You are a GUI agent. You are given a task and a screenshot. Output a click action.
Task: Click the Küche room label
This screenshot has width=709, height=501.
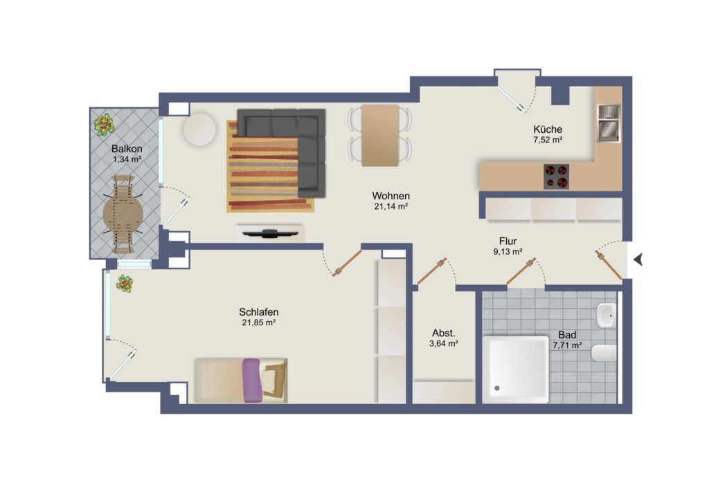[548, 129]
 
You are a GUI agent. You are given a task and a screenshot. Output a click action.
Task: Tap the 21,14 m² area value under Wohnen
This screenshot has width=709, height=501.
[391, 206]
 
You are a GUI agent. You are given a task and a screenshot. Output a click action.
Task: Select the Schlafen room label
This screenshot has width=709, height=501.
[259, 311]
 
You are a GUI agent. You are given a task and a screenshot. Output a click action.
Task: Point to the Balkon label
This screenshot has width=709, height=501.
[127, 149]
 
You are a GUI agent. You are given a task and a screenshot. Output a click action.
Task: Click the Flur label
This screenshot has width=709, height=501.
[508, 242]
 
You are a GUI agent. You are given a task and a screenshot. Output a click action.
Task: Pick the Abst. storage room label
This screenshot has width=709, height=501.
[444, 333]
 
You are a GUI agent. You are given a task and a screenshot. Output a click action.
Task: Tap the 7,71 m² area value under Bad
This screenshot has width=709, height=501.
[567, 345]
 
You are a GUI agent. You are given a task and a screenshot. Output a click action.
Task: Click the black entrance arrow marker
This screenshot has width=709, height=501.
[638, 259]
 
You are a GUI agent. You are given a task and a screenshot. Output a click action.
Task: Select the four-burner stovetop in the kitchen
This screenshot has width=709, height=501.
[556, 176]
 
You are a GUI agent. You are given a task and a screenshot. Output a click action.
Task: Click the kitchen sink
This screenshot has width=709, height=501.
[609, 123]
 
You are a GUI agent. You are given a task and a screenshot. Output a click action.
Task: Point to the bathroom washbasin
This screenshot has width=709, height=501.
[606, 315]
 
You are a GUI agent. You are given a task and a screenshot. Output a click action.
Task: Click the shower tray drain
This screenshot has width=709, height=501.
[497, 388]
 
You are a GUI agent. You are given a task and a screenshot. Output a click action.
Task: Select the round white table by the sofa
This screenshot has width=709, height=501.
[199, 129]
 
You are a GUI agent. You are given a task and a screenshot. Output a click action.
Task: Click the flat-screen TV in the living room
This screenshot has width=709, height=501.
[270, 234]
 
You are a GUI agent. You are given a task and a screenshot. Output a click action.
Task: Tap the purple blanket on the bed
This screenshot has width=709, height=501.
[252, 381]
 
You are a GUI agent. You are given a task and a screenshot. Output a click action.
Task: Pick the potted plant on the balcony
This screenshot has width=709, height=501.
[104, 125]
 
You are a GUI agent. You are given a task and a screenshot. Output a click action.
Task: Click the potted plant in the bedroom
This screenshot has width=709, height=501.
[125, 284]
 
